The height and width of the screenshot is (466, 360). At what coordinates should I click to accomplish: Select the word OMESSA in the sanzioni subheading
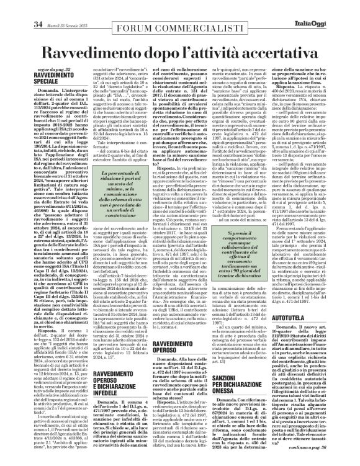tap(236, 351)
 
